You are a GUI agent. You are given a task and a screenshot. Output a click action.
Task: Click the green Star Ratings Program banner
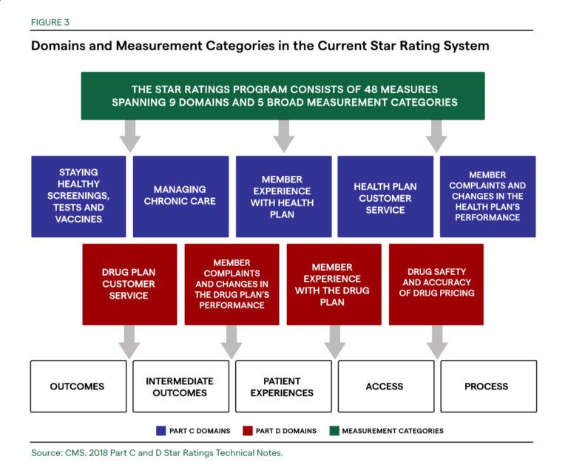283,95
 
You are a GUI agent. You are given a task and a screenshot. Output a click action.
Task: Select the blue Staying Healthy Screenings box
78,196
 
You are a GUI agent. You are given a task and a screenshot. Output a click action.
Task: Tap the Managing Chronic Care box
180,196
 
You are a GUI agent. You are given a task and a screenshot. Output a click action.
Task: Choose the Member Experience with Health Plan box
282,196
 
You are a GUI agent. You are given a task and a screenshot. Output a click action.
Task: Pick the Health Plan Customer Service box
385,196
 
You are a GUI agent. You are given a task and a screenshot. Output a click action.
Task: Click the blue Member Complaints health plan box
487,196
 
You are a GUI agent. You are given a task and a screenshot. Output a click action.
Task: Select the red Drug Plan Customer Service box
129,284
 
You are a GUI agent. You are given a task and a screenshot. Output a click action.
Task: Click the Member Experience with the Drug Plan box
333,284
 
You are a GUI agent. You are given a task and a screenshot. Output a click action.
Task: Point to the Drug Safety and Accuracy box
436,284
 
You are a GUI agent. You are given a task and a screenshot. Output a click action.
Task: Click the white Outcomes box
78,386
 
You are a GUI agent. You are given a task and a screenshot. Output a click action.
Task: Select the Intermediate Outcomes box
180,386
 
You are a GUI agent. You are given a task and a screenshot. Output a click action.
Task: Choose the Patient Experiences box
282,386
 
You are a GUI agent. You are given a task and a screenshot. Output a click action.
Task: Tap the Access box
385,386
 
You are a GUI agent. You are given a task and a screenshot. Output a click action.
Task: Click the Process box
487,386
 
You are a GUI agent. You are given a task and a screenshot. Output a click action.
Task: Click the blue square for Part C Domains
161,430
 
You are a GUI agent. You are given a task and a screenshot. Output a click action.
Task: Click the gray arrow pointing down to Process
436,341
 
